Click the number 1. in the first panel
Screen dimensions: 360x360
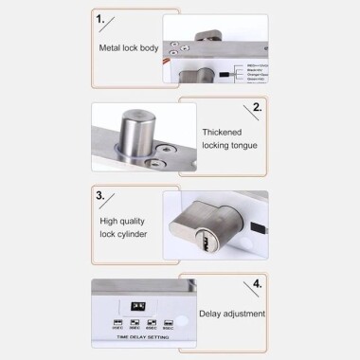pyautogui.click(x=99, y=17)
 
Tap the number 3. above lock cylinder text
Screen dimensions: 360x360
pyautogui.click(x=99, y=196)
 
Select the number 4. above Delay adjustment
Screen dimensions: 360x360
pyautogui.click(x=257, y=282)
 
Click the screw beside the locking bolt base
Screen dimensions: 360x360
pyautogui.click(x=168, y=149)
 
